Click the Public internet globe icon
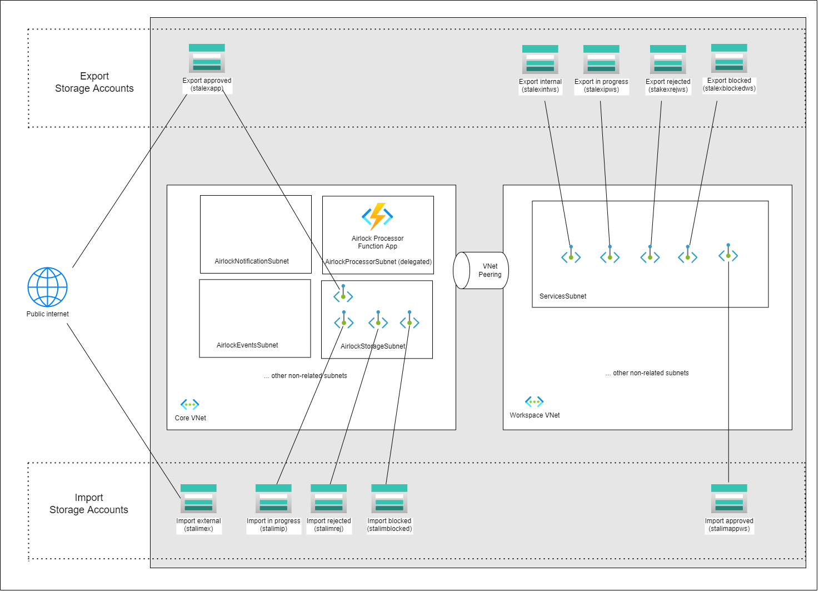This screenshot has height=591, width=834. point(47,287)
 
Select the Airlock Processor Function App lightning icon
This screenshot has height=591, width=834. point(377,216)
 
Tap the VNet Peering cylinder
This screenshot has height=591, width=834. point(481,271)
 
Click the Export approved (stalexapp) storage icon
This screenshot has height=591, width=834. point(207,58)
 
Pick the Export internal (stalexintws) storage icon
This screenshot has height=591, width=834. point(540,59)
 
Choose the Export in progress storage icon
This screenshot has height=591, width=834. point(601,59)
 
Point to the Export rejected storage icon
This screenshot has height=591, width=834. point(668,59)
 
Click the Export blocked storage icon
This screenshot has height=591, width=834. point(729,58)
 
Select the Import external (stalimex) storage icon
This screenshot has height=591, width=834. point(198,499)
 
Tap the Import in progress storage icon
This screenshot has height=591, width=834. point(273,499)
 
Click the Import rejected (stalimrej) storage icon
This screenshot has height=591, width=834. point(328,499)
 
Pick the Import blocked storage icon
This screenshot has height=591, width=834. point(389,499)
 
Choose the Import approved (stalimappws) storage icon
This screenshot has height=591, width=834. point(729,499)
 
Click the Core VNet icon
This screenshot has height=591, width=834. point(189,404)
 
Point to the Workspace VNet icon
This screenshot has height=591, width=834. point(534,401)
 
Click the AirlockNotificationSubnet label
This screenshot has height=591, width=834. point(252,261)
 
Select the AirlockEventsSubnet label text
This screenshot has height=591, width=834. point(247,345)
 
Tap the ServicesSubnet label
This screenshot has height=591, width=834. point(563,296)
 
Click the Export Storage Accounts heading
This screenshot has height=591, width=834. point(94,82)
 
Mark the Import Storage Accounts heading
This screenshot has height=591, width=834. point(89,504)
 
